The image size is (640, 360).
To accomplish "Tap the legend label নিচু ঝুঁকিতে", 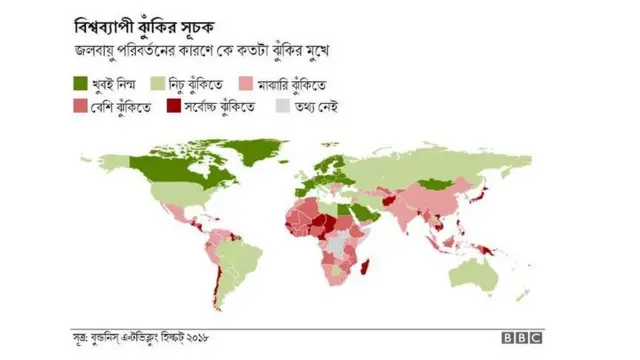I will [x=189, y=85].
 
